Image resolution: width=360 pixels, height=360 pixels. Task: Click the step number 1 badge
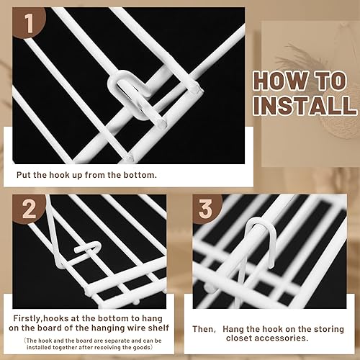(29, 23)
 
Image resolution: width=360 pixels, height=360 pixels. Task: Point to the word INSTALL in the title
(305, 106)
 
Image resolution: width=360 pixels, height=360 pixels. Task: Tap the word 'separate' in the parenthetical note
(117, 341)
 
